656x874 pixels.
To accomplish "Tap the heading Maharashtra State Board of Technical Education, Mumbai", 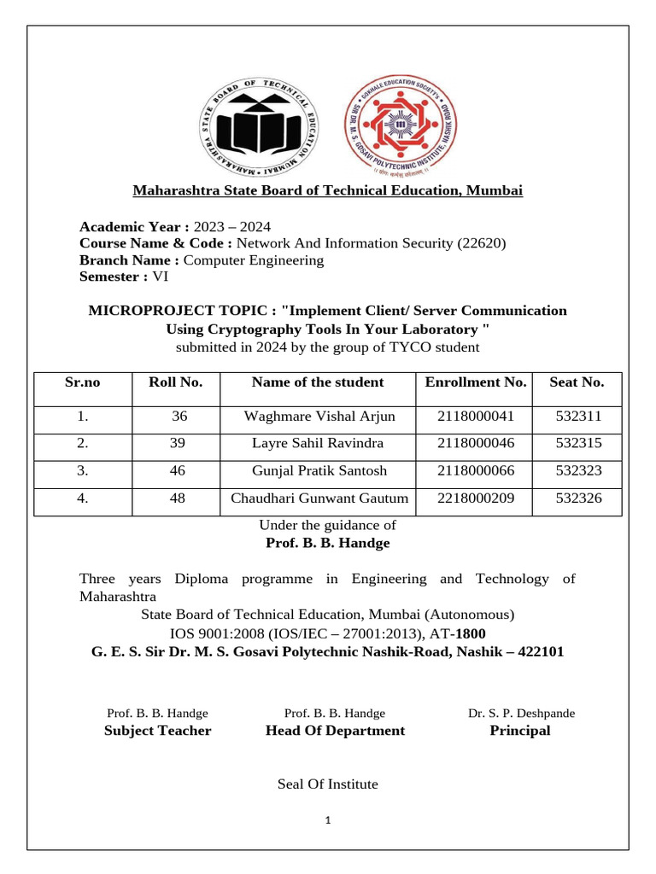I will coord(327,190).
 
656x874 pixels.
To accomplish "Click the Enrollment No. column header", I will coord(475,382).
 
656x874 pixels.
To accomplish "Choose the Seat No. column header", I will coord(577,382).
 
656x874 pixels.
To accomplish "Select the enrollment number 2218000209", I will coord(475,498).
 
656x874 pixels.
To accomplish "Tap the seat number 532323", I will coord(577,470).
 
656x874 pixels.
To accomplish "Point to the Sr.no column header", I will coord(83,382).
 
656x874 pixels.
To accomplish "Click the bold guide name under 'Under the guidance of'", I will coord(328,543).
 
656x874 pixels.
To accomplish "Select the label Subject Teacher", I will coord(157,731).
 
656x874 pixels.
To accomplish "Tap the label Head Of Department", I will coord(335,731).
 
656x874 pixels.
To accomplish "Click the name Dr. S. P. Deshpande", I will coord(521,713).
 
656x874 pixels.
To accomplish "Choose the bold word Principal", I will coord(519,731).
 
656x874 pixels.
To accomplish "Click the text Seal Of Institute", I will coord(327,784).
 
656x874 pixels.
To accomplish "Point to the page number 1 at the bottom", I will coord(327,822).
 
